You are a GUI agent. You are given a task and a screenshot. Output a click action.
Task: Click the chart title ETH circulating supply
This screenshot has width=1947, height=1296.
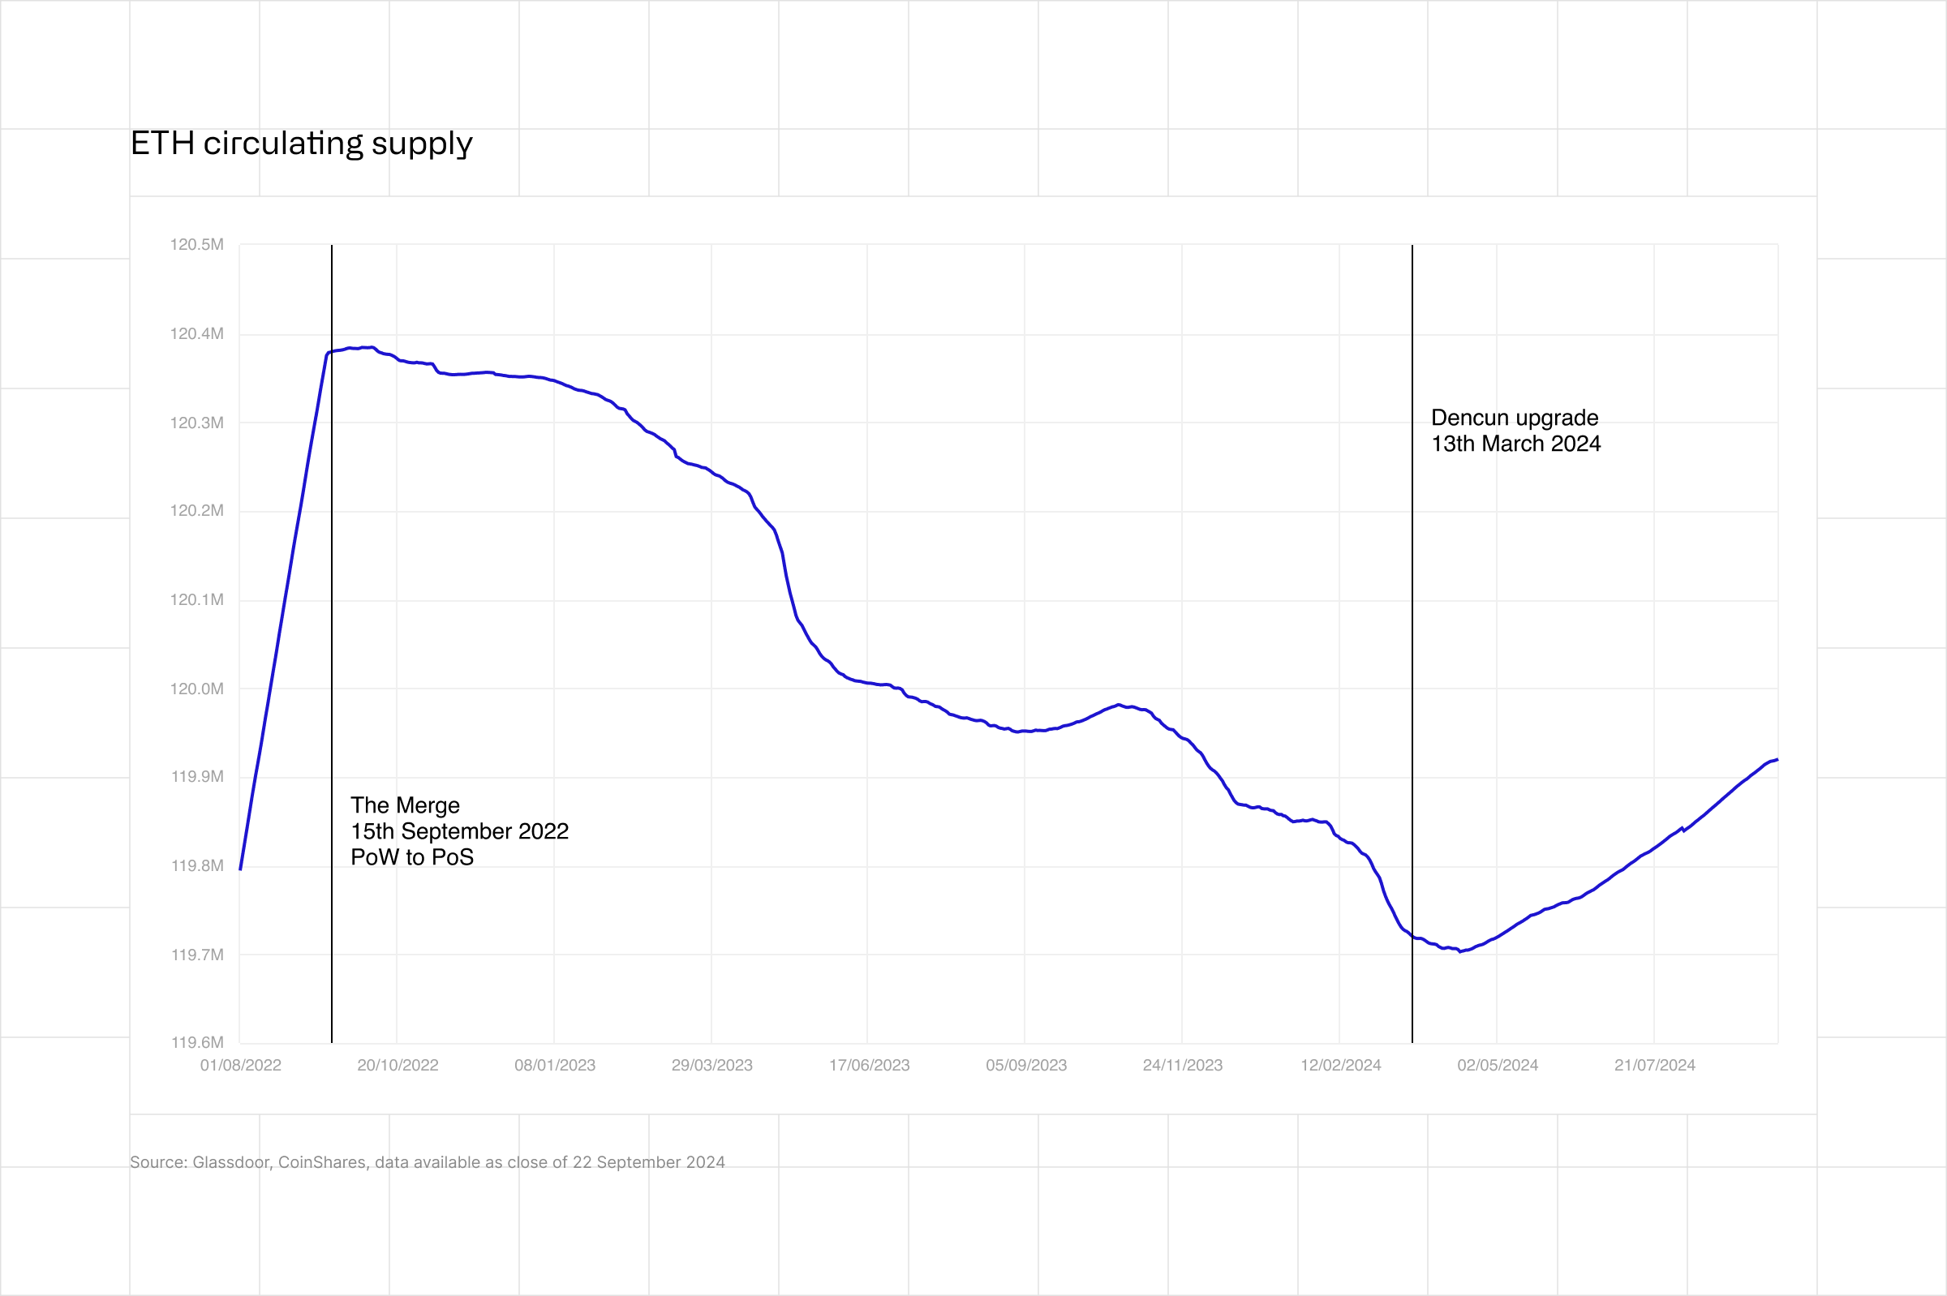point(301,144)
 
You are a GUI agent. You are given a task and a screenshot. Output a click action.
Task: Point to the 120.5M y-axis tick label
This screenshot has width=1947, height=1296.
point(197,245)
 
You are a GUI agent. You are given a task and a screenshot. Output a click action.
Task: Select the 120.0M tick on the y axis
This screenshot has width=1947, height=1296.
point(197,689)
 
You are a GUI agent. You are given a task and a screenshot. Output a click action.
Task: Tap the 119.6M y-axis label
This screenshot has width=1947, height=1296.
point(197,1042)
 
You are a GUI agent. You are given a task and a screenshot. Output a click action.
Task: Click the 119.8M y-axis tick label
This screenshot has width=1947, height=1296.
point(197,866)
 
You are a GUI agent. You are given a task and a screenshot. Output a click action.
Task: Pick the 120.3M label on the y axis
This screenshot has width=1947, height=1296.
point(197,423)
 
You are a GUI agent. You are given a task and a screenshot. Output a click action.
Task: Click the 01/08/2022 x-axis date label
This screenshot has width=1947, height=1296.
point(241,1066)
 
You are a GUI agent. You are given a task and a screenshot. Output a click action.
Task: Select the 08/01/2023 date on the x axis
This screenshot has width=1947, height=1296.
point(555,1066)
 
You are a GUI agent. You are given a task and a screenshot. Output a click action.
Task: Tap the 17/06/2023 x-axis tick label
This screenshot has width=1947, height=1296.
point(869,1066)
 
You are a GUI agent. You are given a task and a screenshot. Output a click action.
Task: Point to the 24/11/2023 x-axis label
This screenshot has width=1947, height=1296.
point(1182,1066)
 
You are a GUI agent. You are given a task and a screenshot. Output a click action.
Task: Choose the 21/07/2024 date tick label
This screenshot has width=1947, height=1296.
point(1654,1066)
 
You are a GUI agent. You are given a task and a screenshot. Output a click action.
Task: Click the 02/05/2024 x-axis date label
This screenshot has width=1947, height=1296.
point(1498,1066)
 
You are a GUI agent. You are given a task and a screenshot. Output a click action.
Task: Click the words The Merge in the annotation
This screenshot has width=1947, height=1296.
point(405,806)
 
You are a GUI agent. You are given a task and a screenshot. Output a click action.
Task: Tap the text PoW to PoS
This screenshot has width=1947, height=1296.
point(412,857)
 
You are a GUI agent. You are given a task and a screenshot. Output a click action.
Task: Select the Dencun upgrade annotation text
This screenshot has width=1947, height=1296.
point(1515,418)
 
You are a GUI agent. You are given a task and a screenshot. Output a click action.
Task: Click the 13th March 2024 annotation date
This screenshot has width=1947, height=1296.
point(1515,444)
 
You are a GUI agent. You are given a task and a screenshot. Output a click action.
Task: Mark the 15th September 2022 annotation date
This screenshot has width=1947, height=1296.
point(460,831)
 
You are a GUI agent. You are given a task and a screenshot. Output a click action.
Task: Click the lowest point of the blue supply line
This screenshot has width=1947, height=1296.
point(1460,952)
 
